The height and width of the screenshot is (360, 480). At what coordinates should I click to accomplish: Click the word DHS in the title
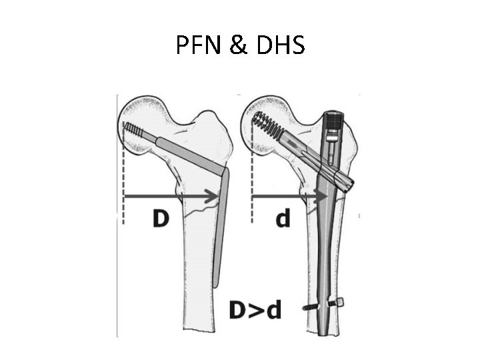[x=281, y=45]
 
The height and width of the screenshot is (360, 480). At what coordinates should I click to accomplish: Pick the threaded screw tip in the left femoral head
[x=135, y=130]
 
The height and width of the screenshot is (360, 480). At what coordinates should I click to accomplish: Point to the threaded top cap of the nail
[x=333, y=120]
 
